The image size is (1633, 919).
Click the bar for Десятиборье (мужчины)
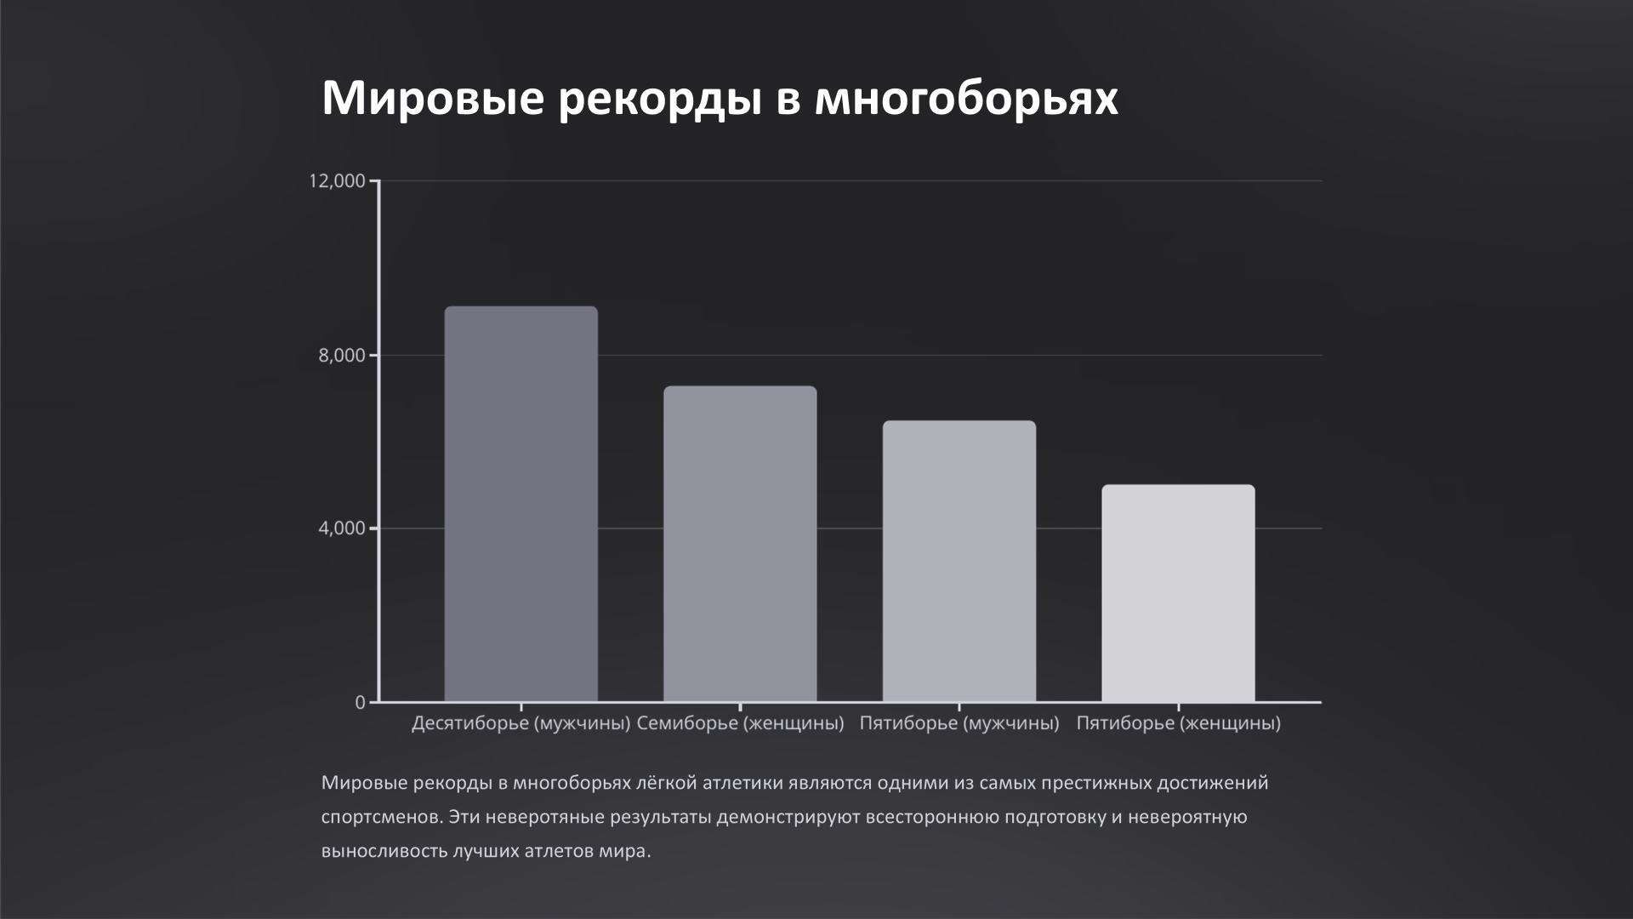[521, 504]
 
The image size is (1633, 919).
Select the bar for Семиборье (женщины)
[740, 544]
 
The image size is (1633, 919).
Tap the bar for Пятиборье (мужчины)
[959, 561]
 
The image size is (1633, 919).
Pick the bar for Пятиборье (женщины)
[1178, 593]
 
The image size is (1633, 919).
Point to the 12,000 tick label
[337, 181]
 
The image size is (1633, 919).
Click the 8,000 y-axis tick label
[342, 356]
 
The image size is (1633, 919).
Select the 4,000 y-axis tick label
[342, 528]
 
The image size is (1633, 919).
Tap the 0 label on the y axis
[360, 703]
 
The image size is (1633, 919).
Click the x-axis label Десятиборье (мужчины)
[521, 724]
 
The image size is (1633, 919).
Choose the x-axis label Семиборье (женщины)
[740, 724]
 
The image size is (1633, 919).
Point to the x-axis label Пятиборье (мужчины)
[959, 724]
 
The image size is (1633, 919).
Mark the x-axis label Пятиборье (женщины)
[1178, 724]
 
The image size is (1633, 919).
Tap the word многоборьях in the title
[966, 99]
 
